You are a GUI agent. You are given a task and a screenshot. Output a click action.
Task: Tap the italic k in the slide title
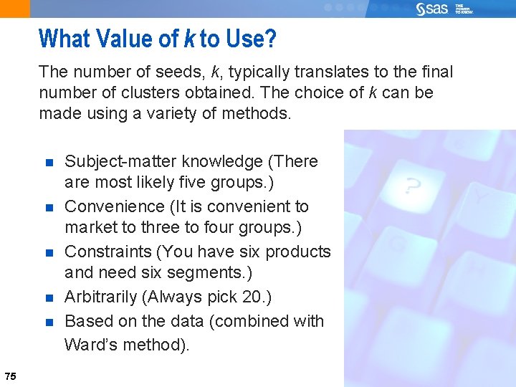189,38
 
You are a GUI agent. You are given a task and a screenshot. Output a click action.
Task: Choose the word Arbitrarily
101,297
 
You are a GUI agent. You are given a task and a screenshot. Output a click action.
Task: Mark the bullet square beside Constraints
49,253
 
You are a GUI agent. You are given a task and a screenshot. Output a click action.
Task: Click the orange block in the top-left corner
15,9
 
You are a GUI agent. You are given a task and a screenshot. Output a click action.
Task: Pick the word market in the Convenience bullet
88,228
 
